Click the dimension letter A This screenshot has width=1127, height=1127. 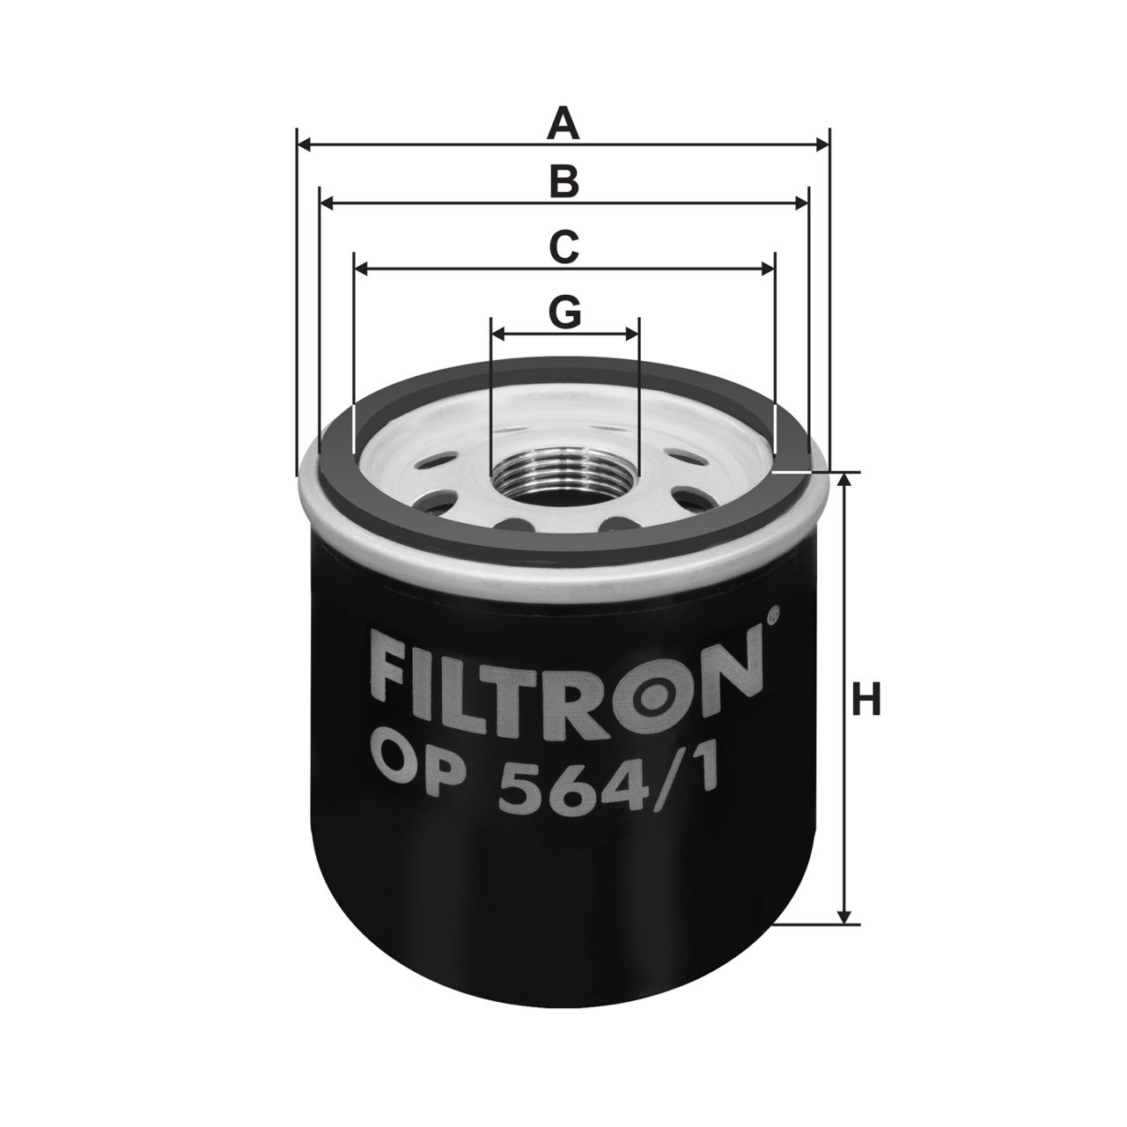pos(563,123)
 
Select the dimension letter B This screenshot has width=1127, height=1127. pos(563,181)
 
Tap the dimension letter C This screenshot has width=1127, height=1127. pos(563,247)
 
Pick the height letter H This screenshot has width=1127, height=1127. pos(866,699)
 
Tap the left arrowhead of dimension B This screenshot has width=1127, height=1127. pos(327,203)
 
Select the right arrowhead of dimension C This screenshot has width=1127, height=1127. pos(767,269)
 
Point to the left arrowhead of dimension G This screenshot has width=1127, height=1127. pos(498,335)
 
